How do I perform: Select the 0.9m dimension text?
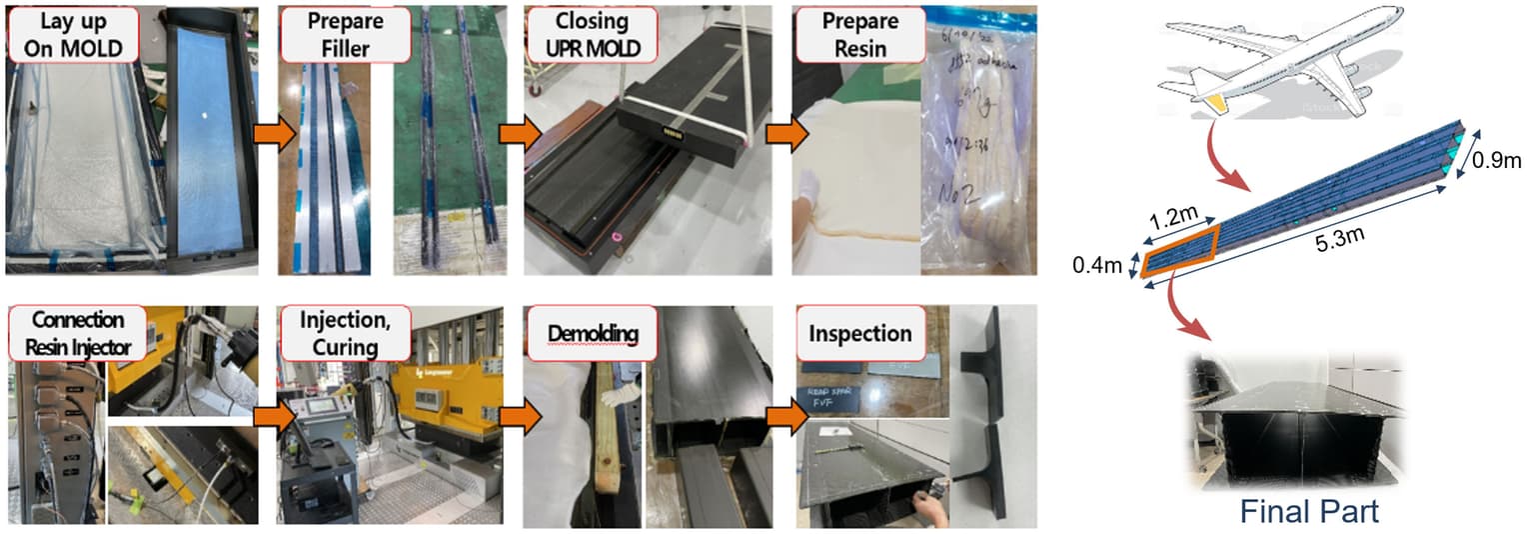pos(1495,157)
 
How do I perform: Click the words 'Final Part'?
pos(1309,511)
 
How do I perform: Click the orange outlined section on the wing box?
pos(1181,250)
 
